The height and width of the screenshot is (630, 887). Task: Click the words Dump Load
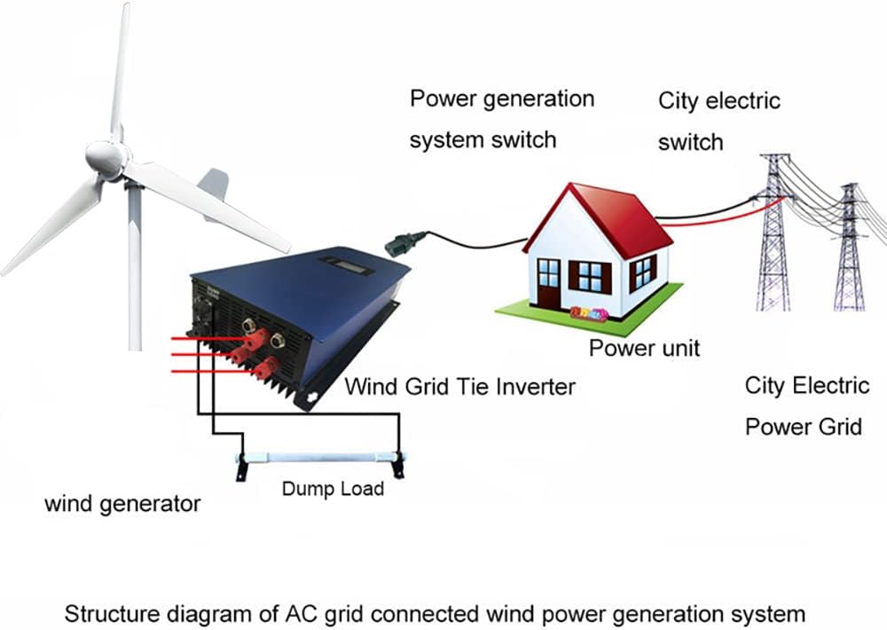pyautogui.click(x=333, y=489)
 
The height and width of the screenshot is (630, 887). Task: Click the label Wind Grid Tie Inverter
pyautogui.click(x=459, y=386)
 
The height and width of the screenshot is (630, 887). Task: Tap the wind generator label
pyautogui.click(x=122, y=504)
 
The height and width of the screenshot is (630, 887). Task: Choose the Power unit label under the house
pyautogui.click(x=644, y=348)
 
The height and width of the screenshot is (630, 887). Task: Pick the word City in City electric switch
pyautogui.click(x=678, y=101)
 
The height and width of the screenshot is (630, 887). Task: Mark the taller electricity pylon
pyautogui.click(x=774, y=235)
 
